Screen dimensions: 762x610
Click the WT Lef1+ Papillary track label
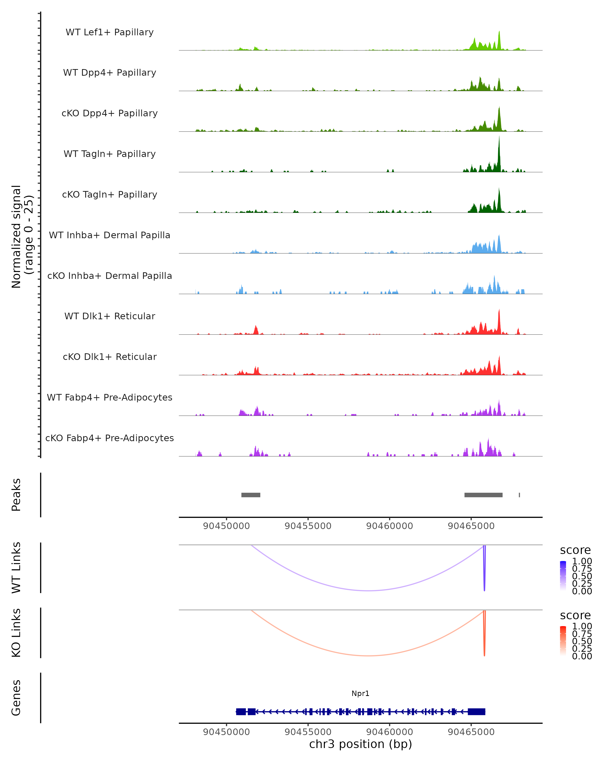[110, 32]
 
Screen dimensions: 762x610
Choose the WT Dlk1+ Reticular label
[110, 316]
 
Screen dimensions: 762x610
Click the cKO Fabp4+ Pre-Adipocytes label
[110, 438]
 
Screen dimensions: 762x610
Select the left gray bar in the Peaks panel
[251, 495]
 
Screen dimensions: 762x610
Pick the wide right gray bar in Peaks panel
[483, 495]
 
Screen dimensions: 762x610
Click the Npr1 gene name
[360, 693]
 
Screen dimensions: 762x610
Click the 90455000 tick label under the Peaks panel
[308, 526]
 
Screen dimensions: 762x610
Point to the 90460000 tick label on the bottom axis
[389, 732]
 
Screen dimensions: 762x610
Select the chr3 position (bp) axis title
[360, 744]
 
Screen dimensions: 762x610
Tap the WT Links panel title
[16, 568]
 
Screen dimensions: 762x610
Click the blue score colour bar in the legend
[563, 575]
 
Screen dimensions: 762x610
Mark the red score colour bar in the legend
[563, 640]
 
